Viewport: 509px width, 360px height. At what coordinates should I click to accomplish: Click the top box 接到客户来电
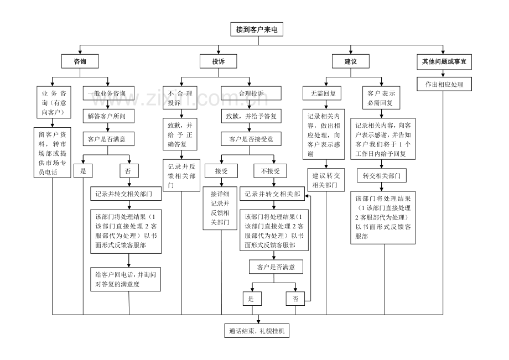257,29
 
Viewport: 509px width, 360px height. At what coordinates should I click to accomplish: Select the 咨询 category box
80,61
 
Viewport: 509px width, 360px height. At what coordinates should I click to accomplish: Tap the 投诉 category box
218,61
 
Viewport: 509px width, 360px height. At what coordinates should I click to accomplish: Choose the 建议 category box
351,61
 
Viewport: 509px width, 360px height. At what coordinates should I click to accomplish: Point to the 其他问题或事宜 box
444,61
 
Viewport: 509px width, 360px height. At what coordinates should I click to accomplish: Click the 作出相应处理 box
444,84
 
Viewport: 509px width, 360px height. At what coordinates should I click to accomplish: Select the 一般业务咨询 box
108,93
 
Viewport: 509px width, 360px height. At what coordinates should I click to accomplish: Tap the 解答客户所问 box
108,116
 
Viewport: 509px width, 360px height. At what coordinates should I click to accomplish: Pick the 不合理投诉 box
180,98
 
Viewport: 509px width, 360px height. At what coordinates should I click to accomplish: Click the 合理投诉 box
251,93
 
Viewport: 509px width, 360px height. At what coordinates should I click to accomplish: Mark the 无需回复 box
323,93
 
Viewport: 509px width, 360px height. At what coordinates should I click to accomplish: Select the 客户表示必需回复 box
381,98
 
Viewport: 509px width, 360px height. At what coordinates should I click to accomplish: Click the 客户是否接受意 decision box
251,139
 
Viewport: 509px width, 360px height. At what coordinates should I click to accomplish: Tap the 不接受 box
270,171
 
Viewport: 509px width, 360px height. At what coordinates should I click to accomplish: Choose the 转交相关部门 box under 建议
381,176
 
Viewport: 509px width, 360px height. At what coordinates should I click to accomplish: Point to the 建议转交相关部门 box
326,180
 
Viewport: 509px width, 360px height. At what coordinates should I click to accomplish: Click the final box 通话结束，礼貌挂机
257,331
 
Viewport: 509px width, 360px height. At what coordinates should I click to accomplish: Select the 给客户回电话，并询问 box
126,279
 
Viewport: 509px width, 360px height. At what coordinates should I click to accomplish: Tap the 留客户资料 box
52,153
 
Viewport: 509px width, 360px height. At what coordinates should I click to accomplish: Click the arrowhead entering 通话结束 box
258,321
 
